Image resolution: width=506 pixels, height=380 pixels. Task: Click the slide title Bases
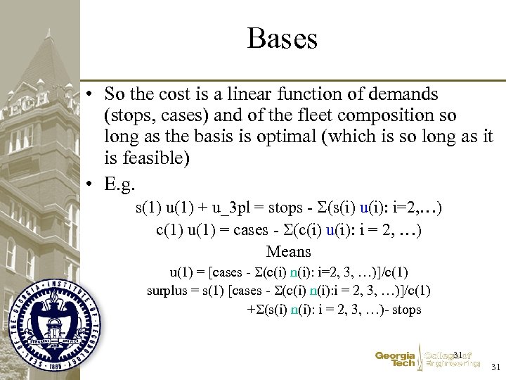(x=282, y=38)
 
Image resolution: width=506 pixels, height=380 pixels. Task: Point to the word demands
(x=405, y=94)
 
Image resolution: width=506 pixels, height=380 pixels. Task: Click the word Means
(x=288, y=251)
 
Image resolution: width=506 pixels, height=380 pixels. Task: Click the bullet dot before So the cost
(x=91, y=94)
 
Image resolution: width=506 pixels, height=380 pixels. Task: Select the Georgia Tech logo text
(x=395, y=360)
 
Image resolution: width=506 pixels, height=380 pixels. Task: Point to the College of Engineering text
(x=453, y=360)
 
